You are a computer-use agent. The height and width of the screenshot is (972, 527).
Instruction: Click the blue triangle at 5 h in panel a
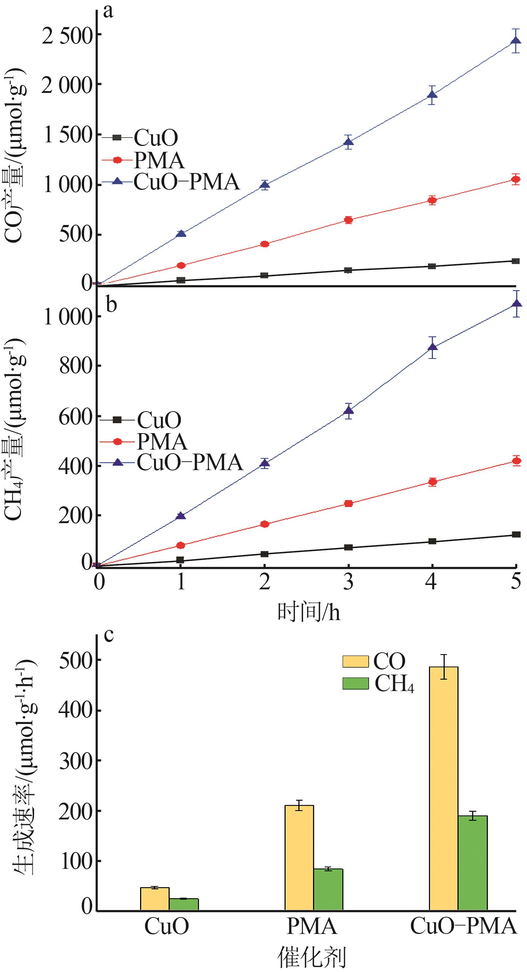click(x=516, y=40)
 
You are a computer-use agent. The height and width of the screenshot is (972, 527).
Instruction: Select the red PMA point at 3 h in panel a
click(x=348, y=219)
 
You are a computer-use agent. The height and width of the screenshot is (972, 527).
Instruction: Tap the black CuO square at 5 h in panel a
click(x=516, y=261)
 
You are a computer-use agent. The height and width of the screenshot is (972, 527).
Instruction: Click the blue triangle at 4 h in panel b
click(x=432, y=347)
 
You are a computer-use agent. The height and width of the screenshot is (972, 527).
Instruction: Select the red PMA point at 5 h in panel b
click(x=516, y=461)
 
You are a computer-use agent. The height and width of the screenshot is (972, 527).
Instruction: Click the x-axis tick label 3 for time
click(x=348, y=581)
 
